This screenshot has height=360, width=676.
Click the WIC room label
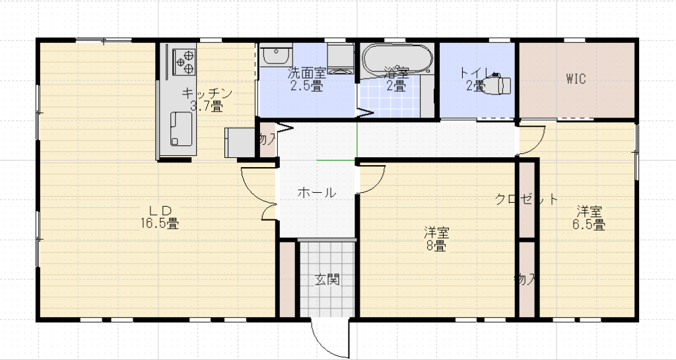point(576,79)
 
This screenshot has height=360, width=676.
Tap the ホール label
point(317,193)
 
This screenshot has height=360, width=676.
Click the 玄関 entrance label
point(327,279)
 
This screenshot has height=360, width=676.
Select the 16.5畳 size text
point(158,224)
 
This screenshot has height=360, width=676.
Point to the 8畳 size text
point(436,246)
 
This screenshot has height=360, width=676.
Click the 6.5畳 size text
point(589,225)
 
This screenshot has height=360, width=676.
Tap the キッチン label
point(206,93)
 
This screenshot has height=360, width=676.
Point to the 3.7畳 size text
point(206,106)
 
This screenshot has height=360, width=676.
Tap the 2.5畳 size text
point(306,86)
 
